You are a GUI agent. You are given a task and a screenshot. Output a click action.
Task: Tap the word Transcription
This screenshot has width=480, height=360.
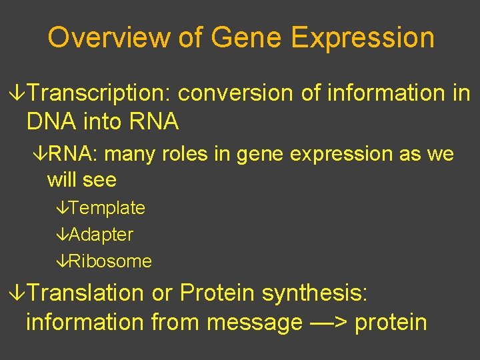pyautogui.click(x=100, y=94)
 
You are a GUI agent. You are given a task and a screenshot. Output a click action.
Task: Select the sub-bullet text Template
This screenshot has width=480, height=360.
pyautogui.click(x=107, y=208)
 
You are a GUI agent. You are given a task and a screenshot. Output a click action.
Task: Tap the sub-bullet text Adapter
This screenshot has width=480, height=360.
pyautogui.click(x=101, y=235)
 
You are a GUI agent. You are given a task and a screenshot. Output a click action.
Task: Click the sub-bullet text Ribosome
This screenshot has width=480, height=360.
pyautogui.click(x=110, y=261)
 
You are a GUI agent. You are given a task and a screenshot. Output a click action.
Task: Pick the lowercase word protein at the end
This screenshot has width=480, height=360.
pyautogui.click(x=391, y=323)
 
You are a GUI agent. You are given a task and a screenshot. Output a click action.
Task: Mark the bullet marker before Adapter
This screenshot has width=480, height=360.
pyautogui.click(x=62, y=235)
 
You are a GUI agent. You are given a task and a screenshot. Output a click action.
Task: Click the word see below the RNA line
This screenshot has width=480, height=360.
pyautogui.click(x=101, y=180)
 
